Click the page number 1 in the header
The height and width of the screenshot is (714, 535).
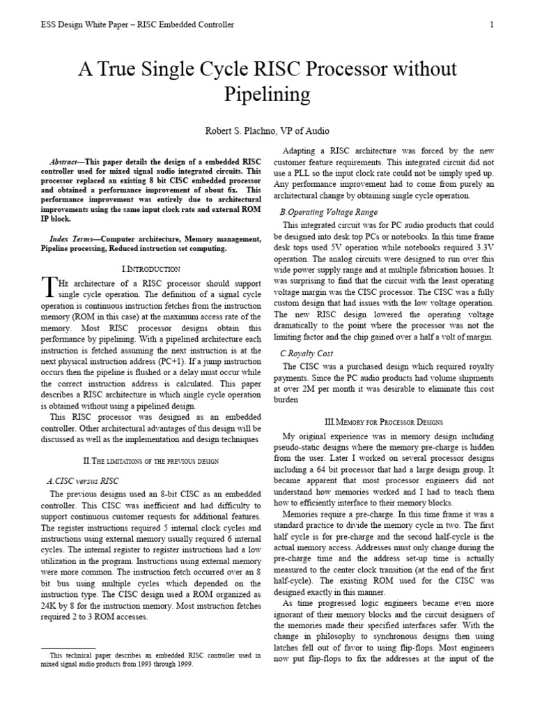pyautogui.click(x=492, y=25)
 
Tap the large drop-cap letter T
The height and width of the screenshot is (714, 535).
pyautogui.click(x=47, y=286)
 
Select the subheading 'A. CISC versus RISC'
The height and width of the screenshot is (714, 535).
pyautogui.click(x=82, y=480)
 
